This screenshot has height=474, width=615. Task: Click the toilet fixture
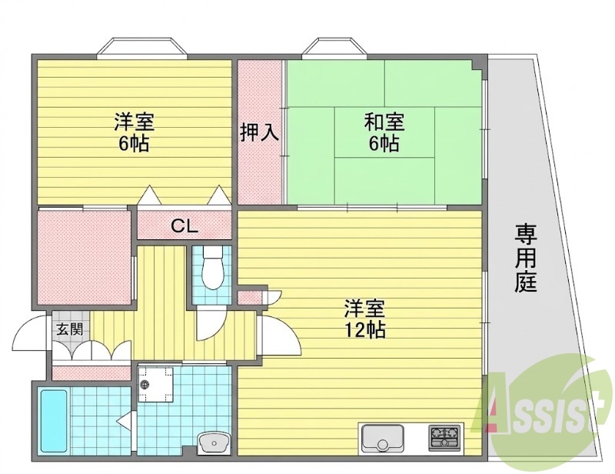(213, 268)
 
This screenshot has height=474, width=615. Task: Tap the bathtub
(55, 420)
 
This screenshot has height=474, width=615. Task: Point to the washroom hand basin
(214, 442)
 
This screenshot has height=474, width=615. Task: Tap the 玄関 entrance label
(70, 329)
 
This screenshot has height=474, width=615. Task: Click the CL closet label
(184, 226)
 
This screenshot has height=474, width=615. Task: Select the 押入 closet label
(259, 132)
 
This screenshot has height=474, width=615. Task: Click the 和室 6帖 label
(384, 132)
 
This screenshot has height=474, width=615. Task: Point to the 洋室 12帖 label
(364, 319)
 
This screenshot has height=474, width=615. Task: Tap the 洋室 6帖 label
(134, 132)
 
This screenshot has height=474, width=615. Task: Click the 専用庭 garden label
(526, 258)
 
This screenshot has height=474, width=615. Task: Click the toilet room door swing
(211, 323)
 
